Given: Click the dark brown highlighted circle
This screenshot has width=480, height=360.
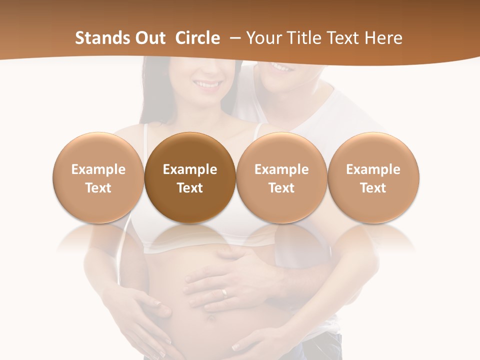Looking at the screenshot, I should coord(190,178).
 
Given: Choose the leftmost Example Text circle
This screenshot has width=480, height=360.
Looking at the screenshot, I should coord(98,178).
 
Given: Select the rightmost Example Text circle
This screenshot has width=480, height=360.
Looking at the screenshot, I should coord(373,178).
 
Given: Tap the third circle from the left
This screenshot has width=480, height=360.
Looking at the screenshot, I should coord(281,178).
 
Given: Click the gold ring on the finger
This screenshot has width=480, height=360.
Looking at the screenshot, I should coord(224,292).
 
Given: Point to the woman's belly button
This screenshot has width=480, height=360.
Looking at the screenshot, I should coord(211,318).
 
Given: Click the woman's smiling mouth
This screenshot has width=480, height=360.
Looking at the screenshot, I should coord(207,84).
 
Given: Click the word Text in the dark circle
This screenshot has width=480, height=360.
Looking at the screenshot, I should coord(190,188).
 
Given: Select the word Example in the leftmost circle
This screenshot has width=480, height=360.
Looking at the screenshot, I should coord(98,169).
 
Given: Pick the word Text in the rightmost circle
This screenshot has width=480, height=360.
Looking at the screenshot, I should coord(373,188).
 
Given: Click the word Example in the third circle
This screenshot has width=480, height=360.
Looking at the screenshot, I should coord(281,169).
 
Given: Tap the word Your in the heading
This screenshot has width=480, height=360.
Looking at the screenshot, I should coord(263,38).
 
